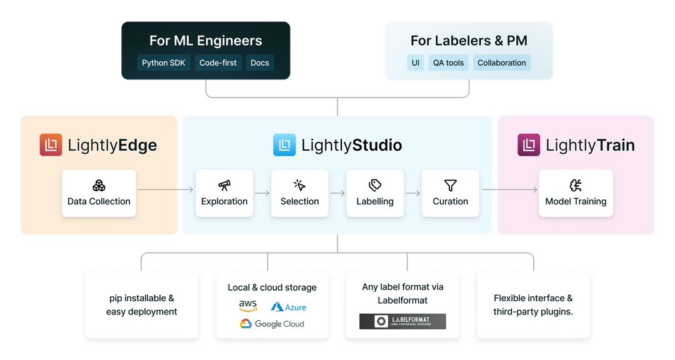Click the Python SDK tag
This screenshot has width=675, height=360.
tap(164, 62)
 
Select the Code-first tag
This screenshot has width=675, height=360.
tap(218, 62)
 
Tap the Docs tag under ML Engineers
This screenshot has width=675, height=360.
tap(260, 62)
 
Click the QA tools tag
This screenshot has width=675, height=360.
tap(448, 62)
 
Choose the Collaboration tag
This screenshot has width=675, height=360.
tap(502, 62)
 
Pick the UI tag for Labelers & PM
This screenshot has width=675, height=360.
tap(416, 62)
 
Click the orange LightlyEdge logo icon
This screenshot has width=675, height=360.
tap(51, 145)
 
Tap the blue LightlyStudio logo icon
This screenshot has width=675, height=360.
tap(284, 145)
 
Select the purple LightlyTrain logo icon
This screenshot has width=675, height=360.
tap(529, 145)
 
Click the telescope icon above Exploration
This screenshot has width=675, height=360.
tap(224, 185)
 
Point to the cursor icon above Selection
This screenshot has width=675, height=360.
tap(299, 185)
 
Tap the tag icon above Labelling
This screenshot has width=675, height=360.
tap(375, 185)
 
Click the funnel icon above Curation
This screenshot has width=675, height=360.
tap(450, 185)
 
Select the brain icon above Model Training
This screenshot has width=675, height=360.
tap(576, 185)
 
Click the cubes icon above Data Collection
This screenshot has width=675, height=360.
tap(99, 185)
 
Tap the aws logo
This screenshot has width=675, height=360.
tap(247, 306)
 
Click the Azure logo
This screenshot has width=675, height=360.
tap(288, 307)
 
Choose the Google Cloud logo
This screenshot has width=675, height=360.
tap(272, 324)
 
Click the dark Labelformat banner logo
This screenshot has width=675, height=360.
tap(402, 321)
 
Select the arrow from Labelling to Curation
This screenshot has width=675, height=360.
tap(413, 193)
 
